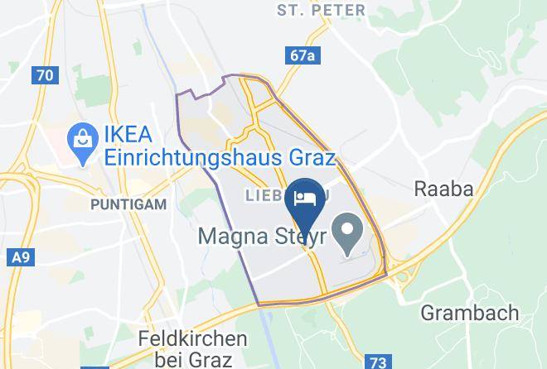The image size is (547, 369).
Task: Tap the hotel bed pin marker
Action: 303,199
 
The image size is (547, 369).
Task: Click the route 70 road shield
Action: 45,75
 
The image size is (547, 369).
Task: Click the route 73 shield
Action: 379,362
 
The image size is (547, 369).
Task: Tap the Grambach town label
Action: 469,314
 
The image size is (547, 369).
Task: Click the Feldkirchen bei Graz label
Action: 192,348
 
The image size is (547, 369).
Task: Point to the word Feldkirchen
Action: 192,338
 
